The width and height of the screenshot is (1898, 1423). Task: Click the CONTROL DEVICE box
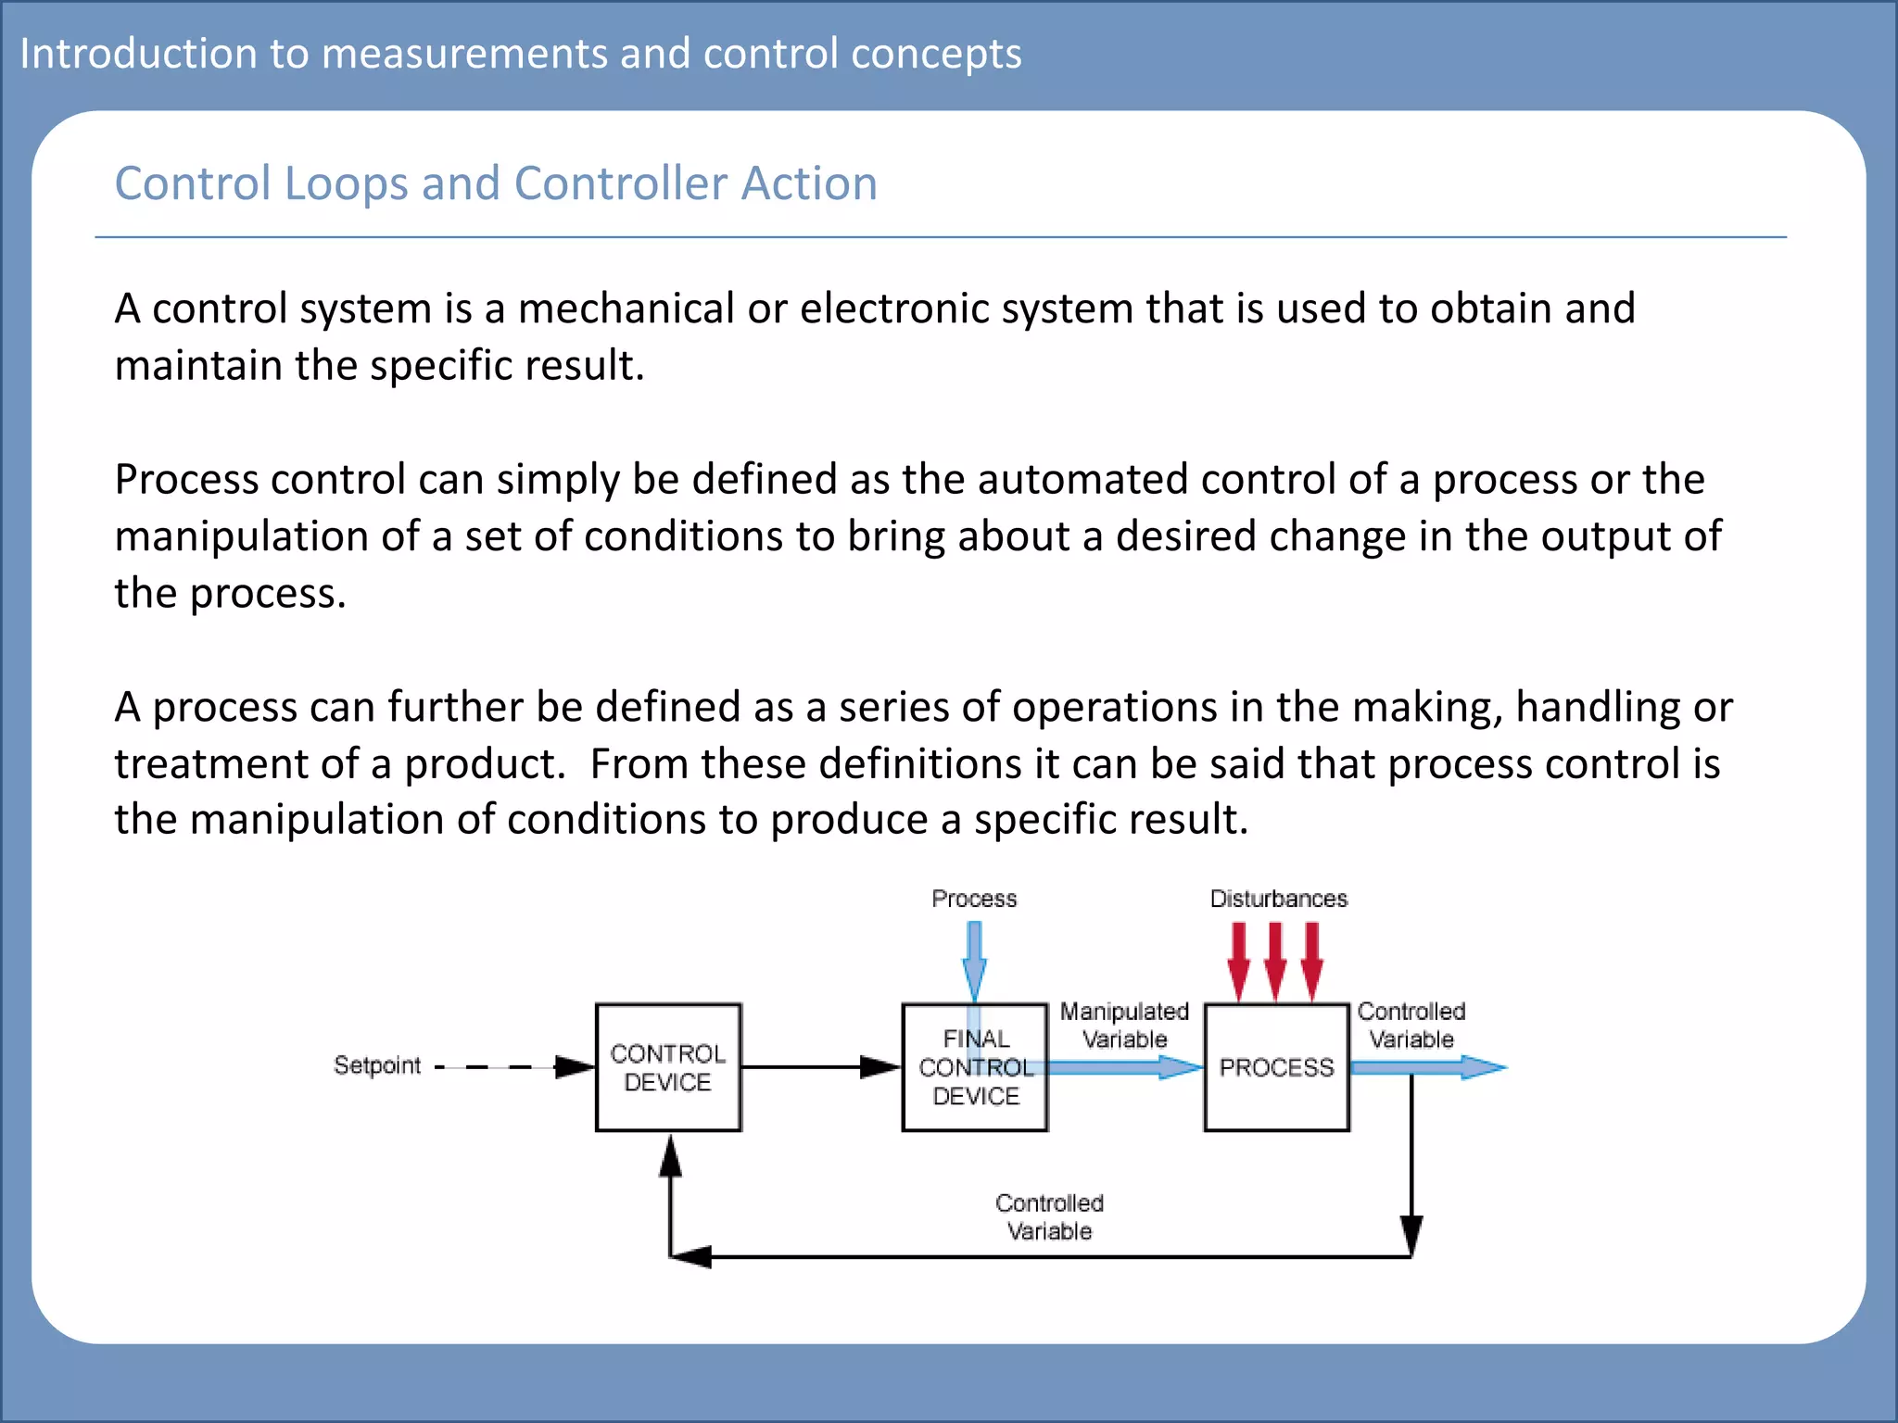[x=667, y=1067]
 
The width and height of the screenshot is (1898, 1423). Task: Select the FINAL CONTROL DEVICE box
[x=975, y=1067]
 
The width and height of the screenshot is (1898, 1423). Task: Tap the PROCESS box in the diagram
[x=1276, y=1067]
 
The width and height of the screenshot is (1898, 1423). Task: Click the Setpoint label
[x=376, y=1065]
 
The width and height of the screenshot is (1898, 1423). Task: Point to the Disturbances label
[x=1278, y=899]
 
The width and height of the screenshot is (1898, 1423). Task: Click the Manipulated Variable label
[x=1124, y=1025]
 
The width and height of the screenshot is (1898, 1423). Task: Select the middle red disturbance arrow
[x=1275, y=962]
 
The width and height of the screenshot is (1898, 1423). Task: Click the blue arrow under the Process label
[x=974, y=960]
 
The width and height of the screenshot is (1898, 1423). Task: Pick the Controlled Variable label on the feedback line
[x=1049, y=1216]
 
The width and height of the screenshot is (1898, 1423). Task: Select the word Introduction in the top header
[x=138, y=54]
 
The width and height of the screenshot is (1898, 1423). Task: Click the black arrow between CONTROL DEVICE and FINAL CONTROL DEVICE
[x=820, y=1067]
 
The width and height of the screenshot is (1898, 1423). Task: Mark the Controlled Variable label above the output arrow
[x=1411, y=1025]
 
